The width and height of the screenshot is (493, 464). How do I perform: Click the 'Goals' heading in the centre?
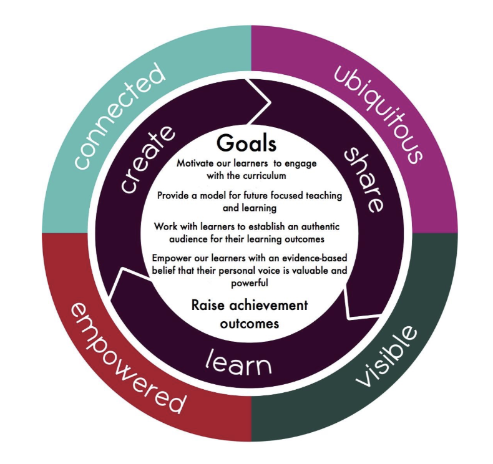point(246,143)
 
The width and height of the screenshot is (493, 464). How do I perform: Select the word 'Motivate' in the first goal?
point(194,163)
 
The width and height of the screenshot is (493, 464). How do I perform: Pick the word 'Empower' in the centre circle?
point(171,259)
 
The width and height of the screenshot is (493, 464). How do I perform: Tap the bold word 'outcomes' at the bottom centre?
point(249,324)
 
